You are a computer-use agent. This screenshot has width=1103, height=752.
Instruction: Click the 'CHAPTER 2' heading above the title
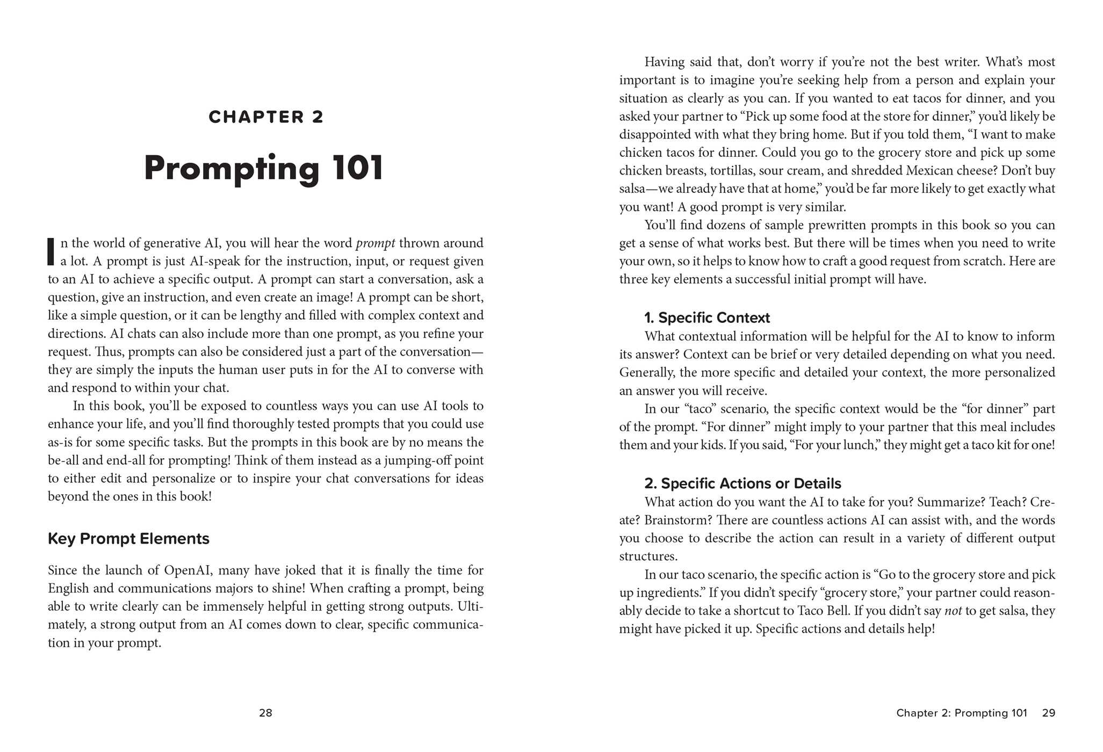[x=266, y=117]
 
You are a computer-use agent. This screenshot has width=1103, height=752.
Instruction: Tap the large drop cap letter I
[x=51, y=252]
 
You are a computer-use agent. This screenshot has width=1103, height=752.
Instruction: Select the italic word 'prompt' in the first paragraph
[x=376, y=243]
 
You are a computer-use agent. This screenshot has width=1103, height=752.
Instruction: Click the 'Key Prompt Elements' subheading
[x=128, y=539]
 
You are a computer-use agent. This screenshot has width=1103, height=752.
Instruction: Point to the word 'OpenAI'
[x=188, y=570]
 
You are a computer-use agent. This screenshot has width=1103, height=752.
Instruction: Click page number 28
[x=265, y=713]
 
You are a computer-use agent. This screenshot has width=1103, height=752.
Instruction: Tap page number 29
[x=1048, y=713]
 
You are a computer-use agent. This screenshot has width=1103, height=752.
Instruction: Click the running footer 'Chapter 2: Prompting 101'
[x=961, y=713]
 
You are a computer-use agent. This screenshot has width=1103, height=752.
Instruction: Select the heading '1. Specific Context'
[x=707, y=318]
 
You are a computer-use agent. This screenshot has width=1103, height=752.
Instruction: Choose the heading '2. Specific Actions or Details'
[x=742, y=483]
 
